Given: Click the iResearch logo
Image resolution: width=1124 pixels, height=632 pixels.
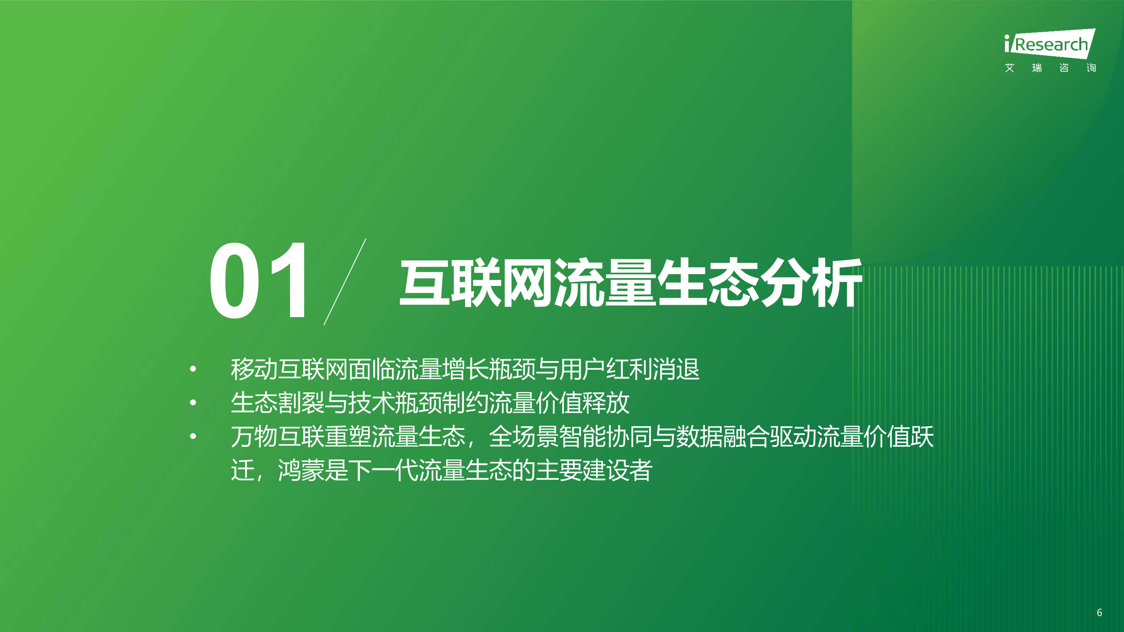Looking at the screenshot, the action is coord(1049,44).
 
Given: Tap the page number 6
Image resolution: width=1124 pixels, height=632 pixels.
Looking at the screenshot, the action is coord(1099,612).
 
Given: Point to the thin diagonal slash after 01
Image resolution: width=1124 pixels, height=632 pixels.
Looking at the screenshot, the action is coord(345,282).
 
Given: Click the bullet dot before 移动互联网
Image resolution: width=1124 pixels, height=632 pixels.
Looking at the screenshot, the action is coord(193,369).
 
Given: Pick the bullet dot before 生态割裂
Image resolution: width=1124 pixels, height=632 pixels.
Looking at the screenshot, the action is coord(193,403).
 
